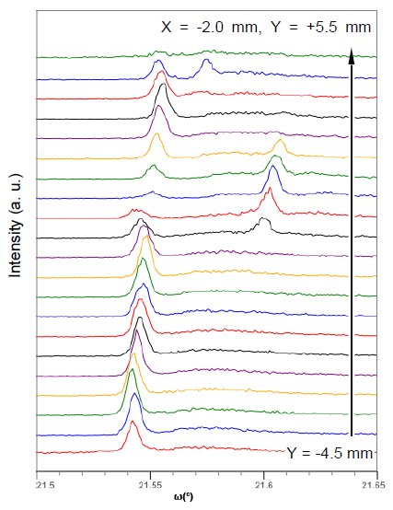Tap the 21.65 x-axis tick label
point(372,483)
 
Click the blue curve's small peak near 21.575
point(206,61)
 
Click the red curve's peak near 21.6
point(269,191)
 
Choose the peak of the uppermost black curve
point(162,87)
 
